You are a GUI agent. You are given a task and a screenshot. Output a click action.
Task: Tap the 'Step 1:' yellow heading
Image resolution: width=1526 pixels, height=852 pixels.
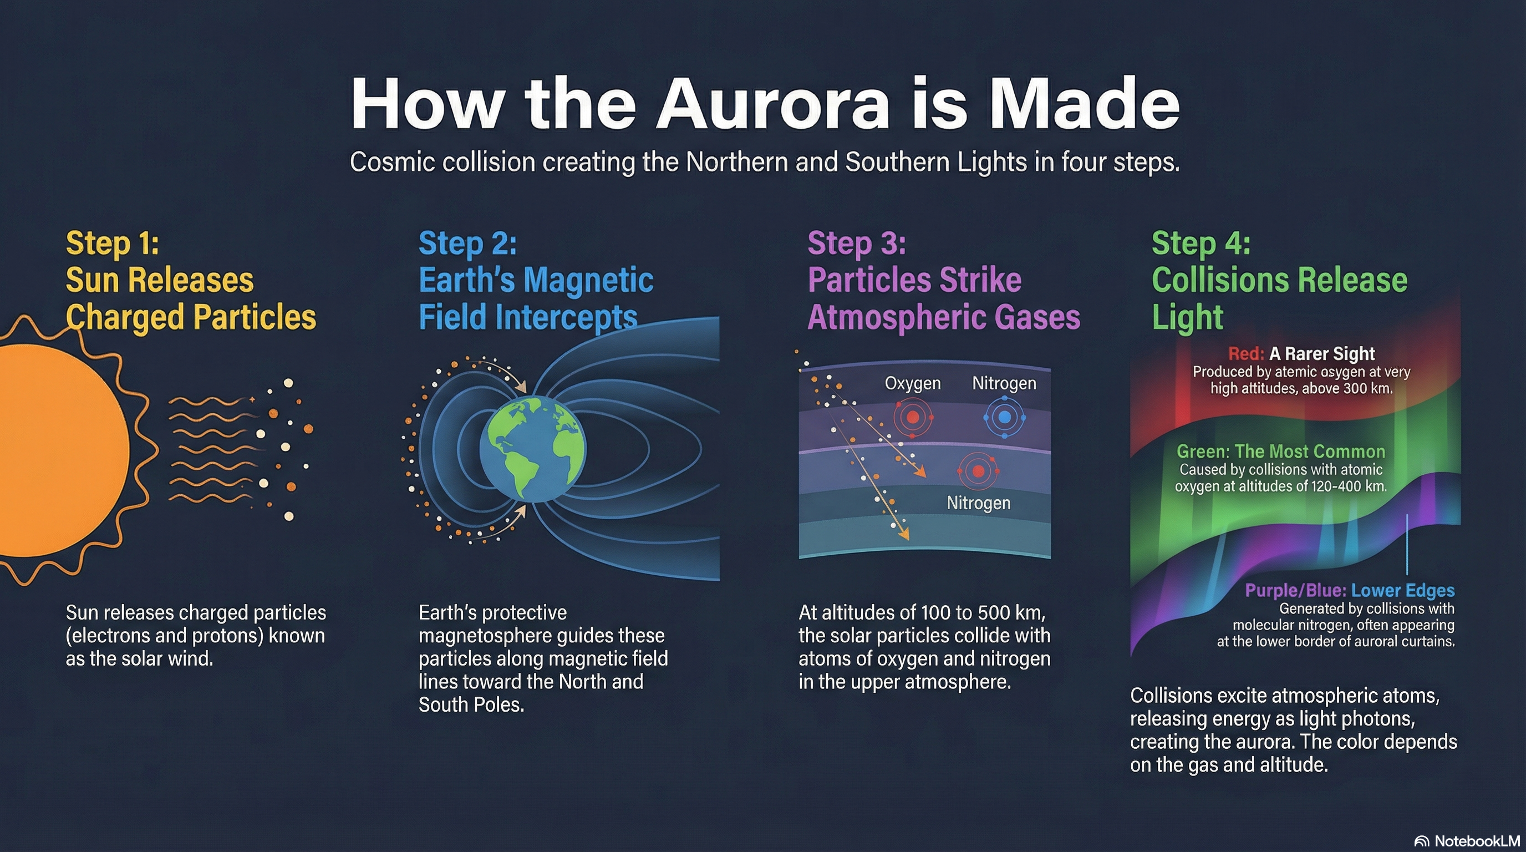113,244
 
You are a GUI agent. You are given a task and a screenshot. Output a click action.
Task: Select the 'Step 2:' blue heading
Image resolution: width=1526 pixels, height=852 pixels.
468,244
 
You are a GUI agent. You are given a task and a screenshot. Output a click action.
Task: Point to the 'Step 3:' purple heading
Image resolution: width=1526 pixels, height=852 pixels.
857,244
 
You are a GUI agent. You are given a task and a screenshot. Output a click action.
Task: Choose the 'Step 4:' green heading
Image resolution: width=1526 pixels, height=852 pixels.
1201,244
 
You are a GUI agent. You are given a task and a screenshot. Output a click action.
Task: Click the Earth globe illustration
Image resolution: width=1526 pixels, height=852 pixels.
533,449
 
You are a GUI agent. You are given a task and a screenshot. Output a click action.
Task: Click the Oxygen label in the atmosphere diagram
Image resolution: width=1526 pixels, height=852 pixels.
913,383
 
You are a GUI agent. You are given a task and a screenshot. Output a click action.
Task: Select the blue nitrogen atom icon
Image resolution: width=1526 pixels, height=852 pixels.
1005,417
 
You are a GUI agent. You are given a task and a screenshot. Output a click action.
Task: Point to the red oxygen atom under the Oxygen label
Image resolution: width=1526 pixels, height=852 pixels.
913,418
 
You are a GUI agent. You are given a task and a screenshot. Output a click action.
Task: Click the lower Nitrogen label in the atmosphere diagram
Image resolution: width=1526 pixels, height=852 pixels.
979,503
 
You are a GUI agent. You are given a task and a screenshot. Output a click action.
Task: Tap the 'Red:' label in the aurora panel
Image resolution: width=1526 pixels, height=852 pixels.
1246,354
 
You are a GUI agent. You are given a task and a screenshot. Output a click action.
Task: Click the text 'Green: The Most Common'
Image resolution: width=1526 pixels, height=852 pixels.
1281,452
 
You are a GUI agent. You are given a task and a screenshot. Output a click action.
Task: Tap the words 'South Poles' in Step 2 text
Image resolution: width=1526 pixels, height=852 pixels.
470,704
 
